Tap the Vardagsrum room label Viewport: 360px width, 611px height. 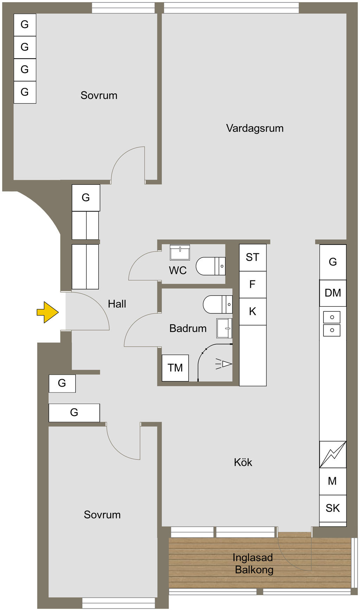click(x=255, y=128)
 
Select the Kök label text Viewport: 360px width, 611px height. click(x=243, y=462)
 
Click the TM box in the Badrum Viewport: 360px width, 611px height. click(x=175, y=368)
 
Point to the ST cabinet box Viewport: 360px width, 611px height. click(x=252, y=258)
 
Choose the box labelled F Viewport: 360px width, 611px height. click(x=252, y=285)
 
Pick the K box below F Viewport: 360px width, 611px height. click(x=252, y=312)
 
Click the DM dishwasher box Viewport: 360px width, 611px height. click(x=333, y=293)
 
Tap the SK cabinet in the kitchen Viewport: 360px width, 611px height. click(x=333, y=508)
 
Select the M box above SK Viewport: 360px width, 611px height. click(x=333, y=481)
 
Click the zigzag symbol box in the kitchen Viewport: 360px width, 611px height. click(x=333, y=454)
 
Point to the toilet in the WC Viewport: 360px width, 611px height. click(x=211, y=266)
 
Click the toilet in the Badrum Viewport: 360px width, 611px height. click(x=218, y=304)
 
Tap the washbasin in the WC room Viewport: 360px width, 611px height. click(x=180, y=252)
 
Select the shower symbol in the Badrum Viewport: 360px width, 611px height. click(x=224, y=364)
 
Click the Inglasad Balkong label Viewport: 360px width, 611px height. click(x=253, y=564)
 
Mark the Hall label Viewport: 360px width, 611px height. click(x=117, y=304)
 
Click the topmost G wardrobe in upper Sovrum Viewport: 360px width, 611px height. click(x=25, y=25)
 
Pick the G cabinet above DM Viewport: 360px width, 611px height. click(x=333, y=262)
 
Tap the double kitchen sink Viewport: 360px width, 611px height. click(x=332, y=324)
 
